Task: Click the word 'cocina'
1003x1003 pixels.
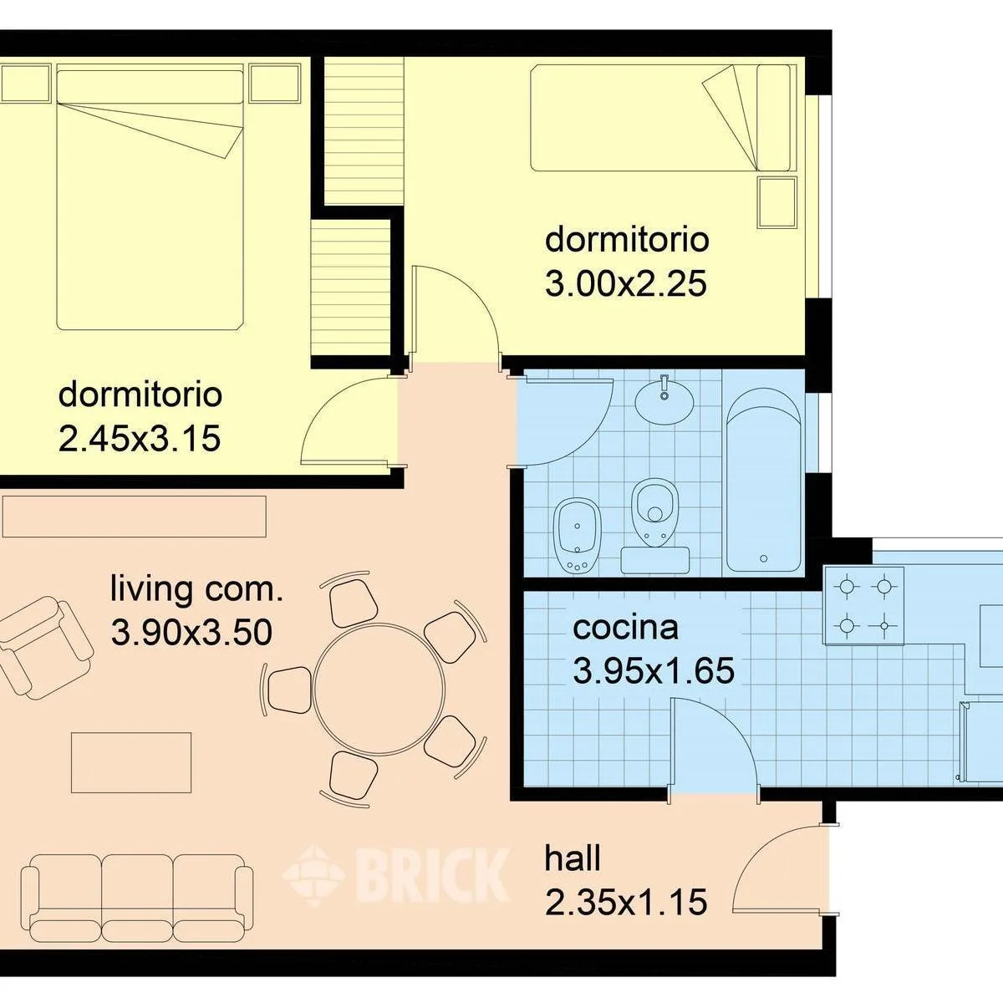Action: point(625,628)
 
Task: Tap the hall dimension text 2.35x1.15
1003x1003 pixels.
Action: point(626,902)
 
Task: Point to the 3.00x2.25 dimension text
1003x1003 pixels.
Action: point(626,284)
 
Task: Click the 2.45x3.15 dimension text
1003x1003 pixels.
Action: point(140,438)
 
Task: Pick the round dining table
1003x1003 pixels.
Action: point(379,689)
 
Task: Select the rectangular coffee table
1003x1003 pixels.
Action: point(131,762)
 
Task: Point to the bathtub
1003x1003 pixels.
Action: point(763,480)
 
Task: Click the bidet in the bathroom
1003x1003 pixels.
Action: point(578,535)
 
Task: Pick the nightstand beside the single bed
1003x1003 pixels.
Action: point(776,202)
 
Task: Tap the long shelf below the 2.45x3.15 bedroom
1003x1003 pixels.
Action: point(134,516)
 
